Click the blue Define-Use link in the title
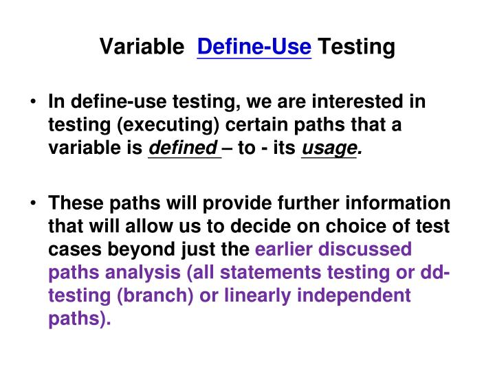[254, 47]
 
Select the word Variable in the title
[142, 47]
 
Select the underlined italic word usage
[330, 148]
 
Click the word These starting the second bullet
[75, 204]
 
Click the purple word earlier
[289, 249]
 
